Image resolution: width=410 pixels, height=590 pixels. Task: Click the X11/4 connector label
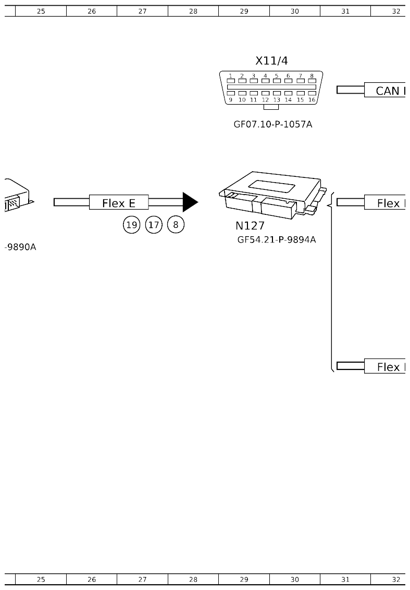tap(271, 61)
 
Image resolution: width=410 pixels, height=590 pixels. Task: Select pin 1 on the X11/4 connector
tap(230, 80)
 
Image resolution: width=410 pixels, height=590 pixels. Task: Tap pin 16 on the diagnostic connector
tap(312, 94)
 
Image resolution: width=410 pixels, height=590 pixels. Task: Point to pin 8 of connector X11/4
tap(312, 80)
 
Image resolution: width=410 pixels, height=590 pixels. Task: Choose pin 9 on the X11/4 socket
tap(230, 94)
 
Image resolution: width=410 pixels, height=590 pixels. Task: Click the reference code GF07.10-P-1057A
tap(272, 125)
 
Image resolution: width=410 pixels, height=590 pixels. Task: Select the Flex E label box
tap(119, 203)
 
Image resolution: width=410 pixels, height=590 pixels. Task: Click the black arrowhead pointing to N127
tap(190, 202)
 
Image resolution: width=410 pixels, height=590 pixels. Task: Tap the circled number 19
tap(132, 225)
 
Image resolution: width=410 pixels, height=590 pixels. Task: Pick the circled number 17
tap(154, 225)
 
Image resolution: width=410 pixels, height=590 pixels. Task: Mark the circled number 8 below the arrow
tap(176, 225)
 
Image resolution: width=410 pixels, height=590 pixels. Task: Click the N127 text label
tap(250, 226)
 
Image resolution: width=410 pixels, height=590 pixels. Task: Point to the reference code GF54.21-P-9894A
tap(277, 240)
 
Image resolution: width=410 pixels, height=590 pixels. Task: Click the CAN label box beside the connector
tap(386, 91)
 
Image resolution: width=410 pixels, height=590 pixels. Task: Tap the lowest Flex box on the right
tap(386, 366)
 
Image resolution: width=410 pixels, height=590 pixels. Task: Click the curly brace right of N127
tap(330, 281)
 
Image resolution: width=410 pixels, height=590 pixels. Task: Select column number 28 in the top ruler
tap(193, 11)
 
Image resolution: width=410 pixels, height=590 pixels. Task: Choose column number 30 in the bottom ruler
tap(295, 579)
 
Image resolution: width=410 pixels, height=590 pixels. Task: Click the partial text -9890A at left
tap(20, 247)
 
